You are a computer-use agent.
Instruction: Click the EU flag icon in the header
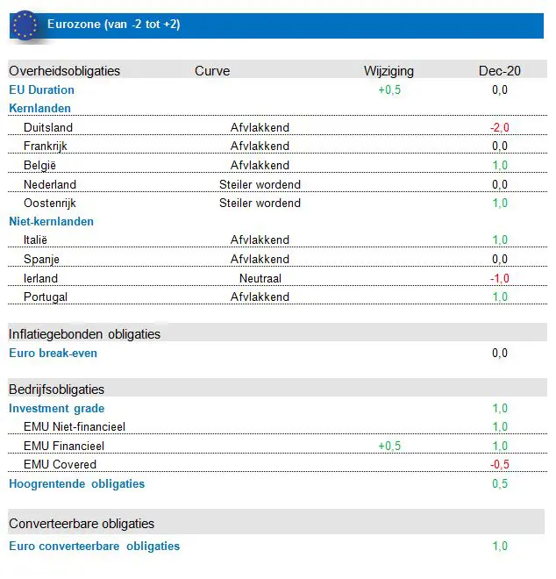click(x=25, y=25)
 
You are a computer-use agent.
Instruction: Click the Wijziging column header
click(x=388, y=71)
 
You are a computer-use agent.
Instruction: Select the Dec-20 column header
click(x=500, y=71)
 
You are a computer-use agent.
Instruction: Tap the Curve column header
click(x=212, y=71)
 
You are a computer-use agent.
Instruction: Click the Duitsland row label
click(x=48, y=127)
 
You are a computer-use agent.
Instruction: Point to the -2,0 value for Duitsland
click(x=500, y=127)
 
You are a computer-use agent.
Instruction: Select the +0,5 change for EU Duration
click(x=389, y=89)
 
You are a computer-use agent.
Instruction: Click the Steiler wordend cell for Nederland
click(x=260, y=184)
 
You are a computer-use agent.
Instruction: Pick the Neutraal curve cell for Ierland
click(x=260, y=278)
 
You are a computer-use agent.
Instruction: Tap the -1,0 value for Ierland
click(x=500, y=278)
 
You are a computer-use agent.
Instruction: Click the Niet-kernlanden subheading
click(x=51, y=221)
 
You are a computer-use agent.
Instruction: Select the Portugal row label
click(x=46, y=297)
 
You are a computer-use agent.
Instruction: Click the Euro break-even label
click(x=53, y=353)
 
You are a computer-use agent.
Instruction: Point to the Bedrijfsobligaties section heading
click(x=56, y=389)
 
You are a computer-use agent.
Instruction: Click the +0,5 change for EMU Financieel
click(x=389, y=446)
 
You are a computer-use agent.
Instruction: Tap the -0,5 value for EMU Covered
click(x=500, y=464)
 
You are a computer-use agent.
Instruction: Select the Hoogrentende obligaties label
click(x=76, y=483)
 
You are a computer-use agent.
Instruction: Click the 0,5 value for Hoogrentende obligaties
click(x=500, y=483)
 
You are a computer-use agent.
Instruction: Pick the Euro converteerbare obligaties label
click(x=94, y=546)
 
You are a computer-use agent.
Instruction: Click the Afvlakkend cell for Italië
click(x=260, y=239)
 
